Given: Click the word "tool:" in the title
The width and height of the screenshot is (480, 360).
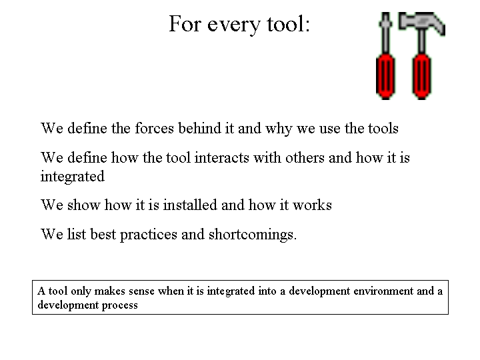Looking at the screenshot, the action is (289, 23).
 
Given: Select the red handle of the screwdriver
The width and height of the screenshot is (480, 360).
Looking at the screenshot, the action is (385, 77).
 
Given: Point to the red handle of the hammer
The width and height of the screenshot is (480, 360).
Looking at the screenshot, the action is (421, 77).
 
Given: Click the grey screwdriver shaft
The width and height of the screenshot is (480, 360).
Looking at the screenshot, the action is (386, 33).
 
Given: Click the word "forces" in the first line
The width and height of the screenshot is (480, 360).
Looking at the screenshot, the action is (154, 128).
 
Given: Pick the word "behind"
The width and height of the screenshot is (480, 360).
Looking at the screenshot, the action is (199, 128).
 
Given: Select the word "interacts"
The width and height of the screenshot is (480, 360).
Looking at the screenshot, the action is (221, 157).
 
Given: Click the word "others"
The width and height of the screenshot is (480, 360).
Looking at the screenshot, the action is (305, 157).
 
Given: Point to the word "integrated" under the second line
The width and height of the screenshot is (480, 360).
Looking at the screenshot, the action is (73, 177).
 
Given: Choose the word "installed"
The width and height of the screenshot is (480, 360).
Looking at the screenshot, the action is (190, 205).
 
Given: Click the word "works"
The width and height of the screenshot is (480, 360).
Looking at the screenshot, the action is (312, 205).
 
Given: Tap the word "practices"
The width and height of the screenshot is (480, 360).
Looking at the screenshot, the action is (149, 235).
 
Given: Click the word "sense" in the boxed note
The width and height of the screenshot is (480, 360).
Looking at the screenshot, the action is (141, 291).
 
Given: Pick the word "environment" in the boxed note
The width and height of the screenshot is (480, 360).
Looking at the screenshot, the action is (383, 291).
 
